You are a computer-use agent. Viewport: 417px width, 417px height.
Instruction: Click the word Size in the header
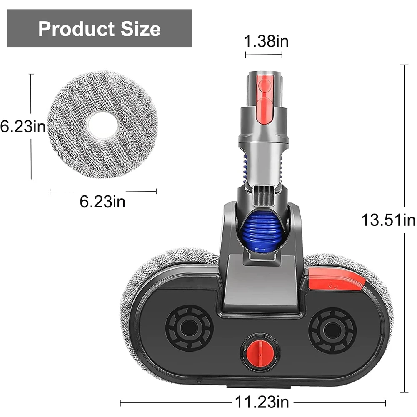point(138,29)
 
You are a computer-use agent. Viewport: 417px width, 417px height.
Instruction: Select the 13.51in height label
point(388,220)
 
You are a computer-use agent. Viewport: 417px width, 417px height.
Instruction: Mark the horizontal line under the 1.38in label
point(263,55)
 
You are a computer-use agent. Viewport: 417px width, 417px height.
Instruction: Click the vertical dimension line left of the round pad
point(31,127)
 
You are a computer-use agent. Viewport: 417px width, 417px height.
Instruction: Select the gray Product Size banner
point(100,28)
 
